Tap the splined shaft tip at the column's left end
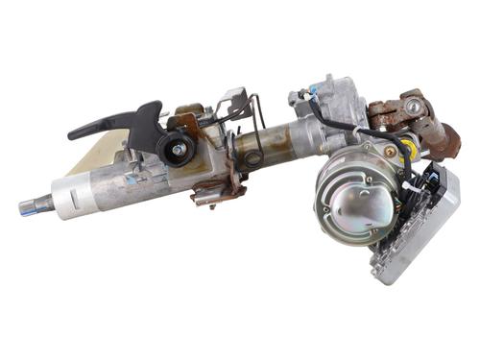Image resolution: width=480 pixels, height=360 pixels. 30,204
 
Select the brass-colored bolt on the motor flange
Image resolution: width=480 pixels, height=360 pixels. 388,151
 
